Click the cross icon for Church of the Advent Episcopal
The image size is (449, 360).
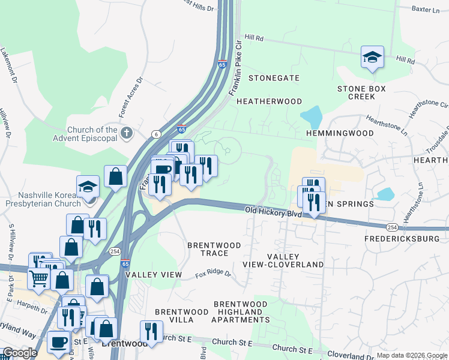point(126,132)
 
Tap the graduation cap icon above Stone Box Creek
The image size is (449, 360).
point(372,58)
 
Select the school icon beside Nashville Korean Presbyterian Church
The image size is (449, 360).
point(88,187)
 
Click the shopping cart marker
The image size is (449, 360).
point(39,277)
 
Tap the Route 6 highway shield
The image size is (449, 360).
point(155,134)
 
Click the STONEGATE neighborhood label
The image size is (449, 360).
point(274,78)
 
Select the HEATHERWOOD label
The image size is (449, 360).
point(268,101)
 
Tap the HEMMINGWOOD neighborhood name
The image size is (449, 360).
point(336,133)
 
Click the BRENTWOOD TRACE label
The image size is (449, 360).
point(214,249)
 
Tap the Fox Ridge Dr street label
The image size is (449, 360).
point(213,274)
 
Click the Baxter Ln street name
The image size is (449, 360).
point(430,9)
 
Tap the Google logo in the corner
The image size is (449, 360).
point(20,353)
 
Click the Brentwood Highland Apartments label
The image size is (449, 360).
point(240,312)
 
